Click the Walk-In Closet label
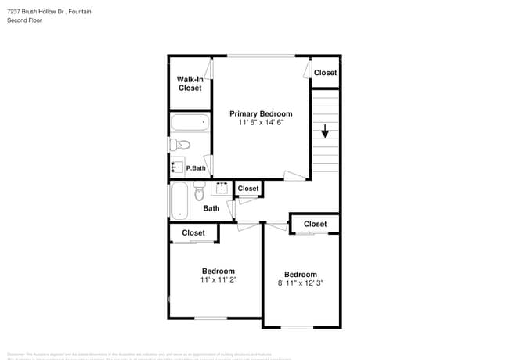coord(190,84)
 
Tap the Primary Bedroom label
coord(261,113)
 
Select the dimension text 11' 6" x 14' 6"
coord(261,122)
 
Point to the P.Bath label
coord(196,167)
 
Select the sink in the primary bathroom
coord(178,167)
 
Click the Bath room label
coord(211,208)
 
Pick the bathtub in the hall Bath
coord(179,201)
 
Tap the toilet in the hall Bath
coord(199,191)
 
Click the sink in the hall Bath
coord(222,187)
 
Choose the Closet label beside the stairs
coord(325,73)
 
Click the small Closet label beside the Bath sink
coord(248,189)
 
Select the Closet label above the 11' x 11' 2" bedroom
coord(193,232)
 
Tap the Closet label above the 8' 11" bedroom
coord(315,224)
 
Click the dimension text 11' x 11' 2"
coord(218,279)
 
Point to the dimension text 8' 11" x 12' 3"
coord(301,283)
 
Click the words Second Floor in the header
coord(25,20)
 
